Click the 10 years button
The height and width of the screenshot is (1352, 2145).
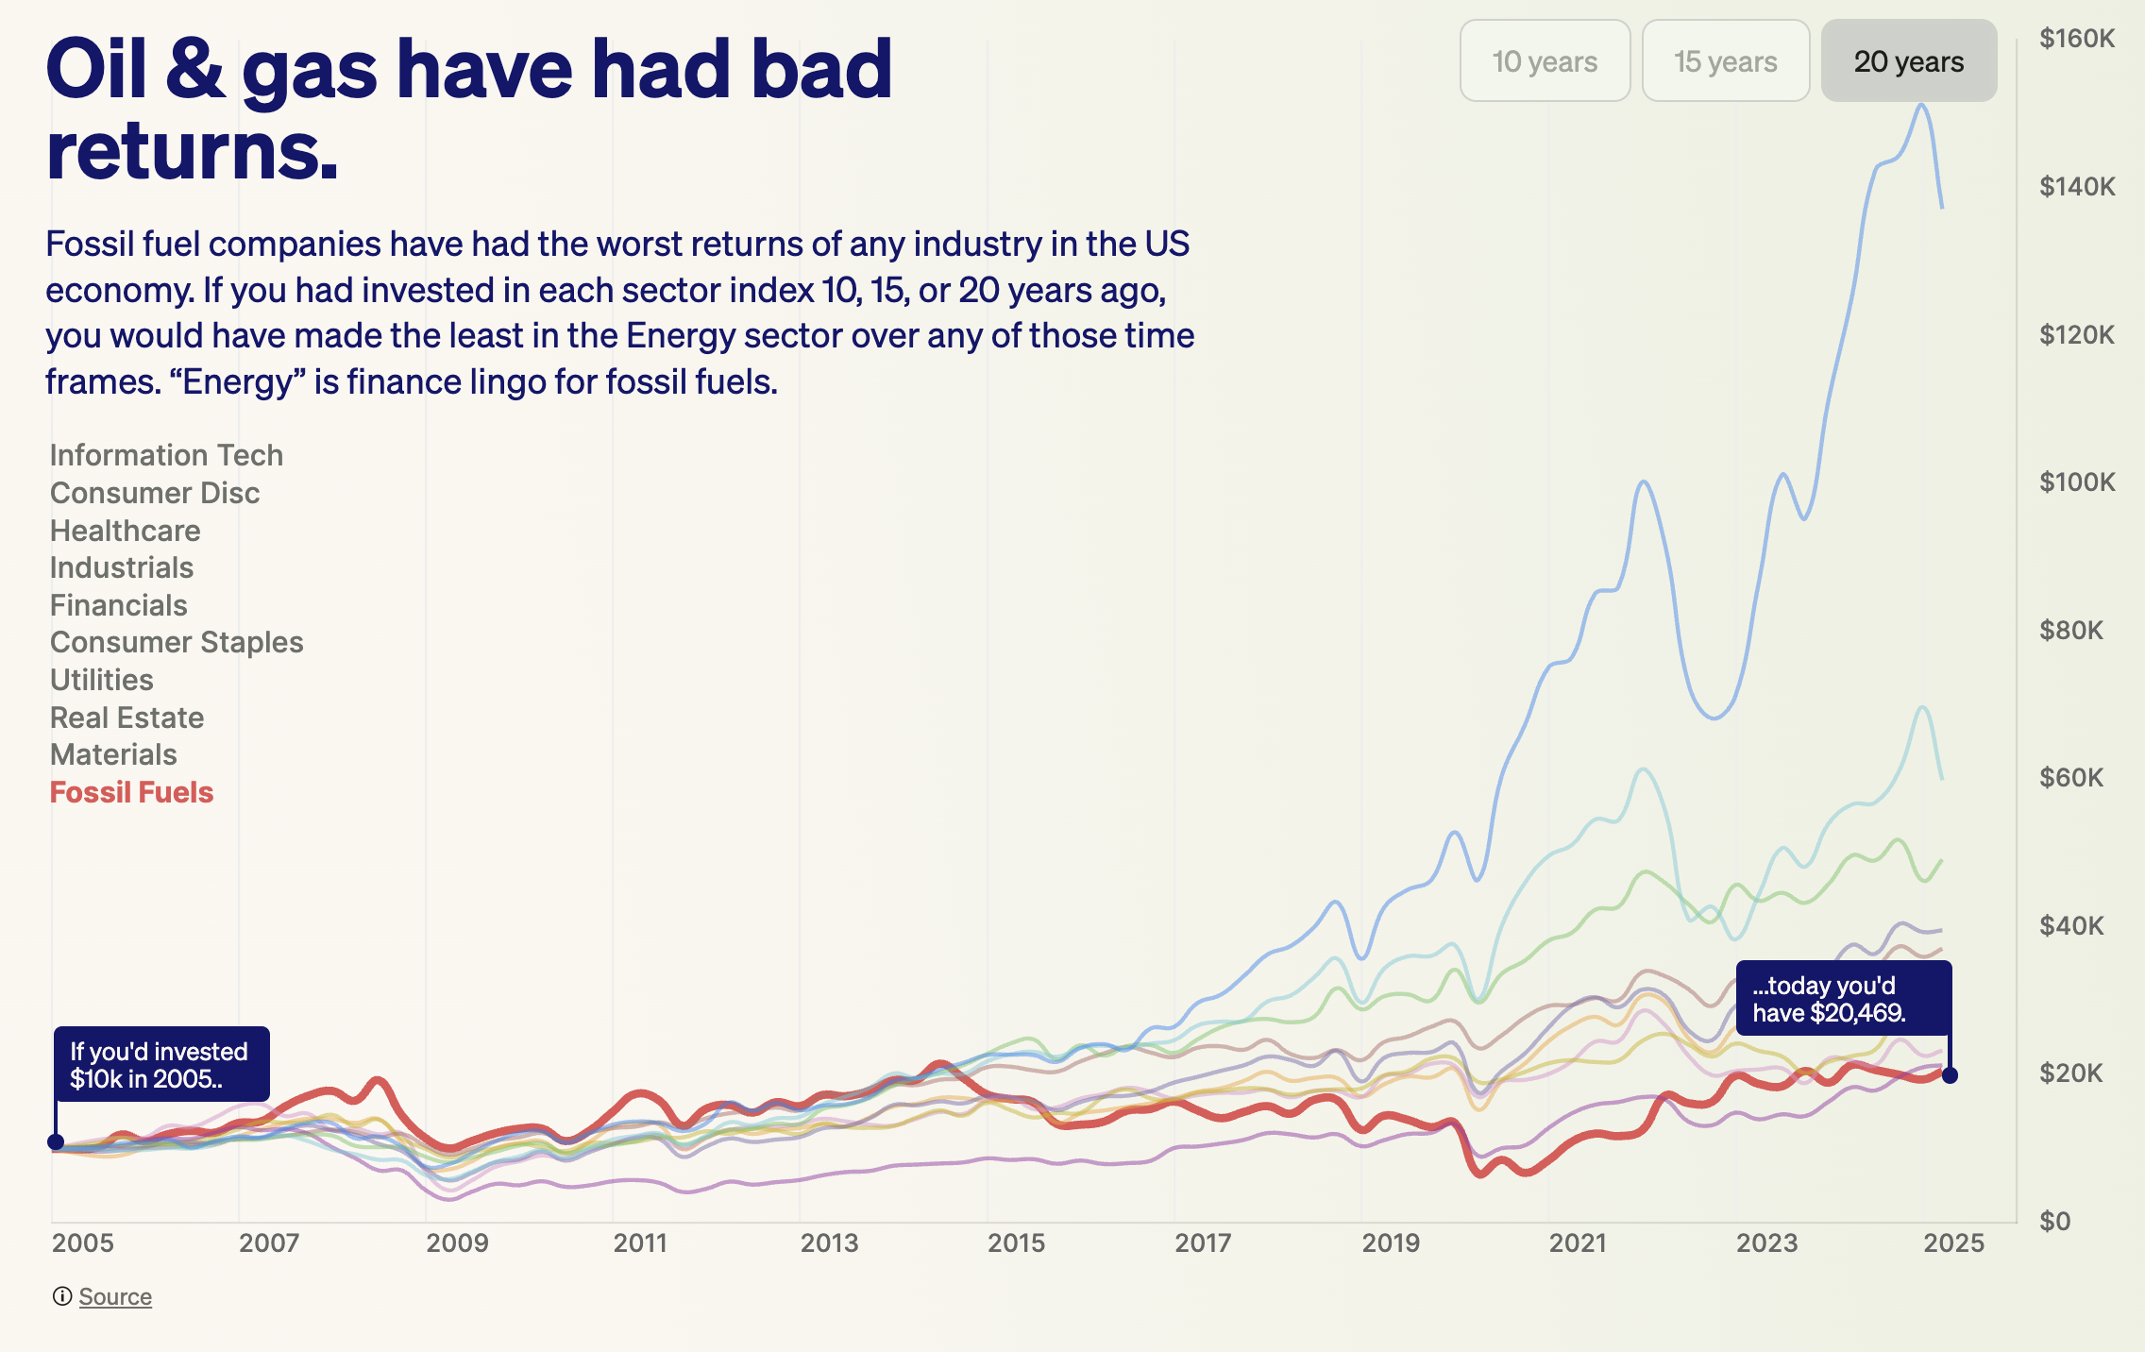tap(1545, 61)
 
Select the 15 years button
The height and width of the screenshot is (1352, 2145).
tap(1725, 61)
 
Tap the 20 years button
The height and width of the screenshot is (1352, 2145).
tap(1908, 61)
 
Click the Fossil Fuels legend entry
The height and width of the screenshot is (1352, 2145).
tap(131, 792)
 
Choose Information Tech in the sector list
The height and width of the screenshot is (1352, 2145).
tap(166, 455)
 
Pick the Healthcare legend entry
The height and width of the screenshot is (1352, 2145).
tap(125, 531)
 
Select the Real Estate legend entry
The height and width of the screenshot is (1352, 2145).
tap(127, 718)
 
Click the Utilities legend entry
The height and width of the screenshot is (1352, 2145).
tap(101, 680)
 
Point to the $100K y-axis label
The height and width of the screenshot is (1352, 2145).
tap(2076, 482)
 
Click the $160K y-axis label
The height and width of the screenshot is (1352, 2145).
tap(2076, 39)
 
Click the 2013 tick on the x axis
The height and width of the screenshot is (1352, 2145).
tap(829, 1242)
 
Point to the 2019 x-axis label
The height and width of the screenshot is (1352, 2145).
tap(1391, 1242)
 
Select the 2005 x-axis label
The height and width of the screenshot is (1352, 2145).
tap(82, 1242)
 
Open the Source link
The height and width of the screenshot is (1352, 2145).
tap(115, 1296)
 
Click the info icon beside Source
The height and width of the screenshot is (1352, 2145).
tap(62, 1296)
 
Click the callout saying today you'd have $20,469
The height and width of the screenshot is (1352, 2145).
tap(1843, 999)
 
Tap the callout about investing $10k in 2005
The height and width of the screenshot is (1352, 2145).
tap(161, 1065)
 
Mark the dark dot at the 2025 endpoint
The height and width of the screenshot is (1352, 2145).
tap(1950, 1075)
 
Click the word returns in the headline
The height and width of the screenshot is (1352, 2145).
tap(192, 151)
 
